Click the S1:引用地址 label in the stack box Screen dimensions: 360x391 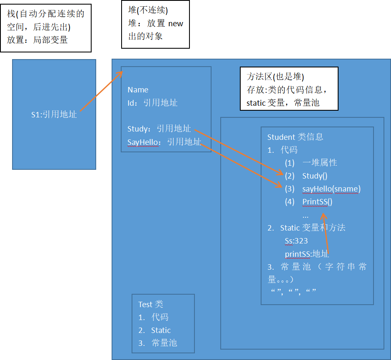54,114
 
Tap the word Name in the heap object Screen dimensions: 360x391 138,90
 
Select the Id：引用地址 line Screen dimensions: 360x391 152,103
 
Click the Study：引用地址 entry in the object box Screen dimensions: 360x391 159,129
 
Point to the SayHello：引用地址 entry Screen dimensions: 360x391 164,142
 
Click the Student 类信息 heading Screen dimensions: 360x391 295,137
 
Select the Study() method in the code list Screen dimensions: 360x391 315,176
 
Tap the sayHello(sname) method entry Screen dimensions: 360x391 331,189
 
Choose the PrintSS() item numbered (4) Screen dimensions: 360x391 317,202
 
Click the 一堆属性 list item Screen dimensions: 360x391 319,163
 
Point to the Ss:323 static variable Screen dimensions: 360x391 296,241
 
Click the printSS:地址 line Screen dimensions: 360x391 306,254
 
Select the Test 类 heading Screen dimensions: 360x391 150,304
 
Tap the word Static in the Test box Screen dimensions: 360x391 161,330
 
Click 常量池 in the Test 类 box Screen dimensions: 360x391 164,343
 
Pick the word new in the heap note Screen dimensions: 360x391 175,24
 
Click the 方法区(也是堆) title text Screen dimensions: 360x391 275,77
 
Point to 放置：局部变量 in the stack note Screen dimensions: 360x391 37,40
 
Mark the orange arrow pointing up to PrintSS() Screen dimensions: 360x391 325,233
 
